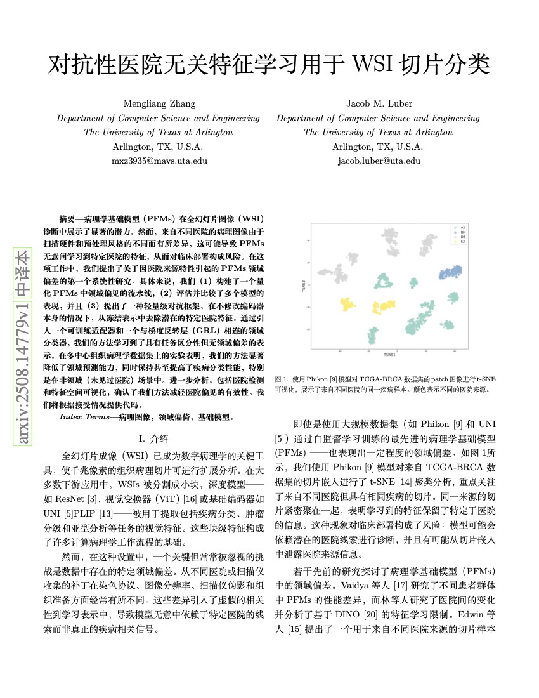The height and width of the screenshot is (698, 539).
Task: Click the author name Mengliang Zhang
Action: coord(159,103)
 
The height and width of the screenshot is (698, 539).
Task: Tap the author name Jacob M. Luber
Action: coord(378,103)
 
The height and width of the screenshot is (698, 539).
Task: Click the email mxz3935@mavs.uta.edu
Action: coord(159,161)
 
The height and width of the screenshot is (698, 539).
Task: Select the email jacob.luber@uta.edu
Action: coord(378,161)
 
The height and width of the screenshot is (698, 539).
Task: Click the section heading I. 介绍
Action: coord(153,438)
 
